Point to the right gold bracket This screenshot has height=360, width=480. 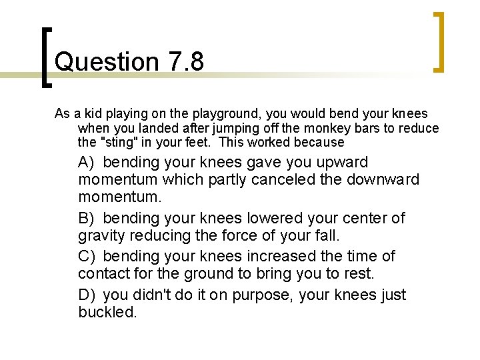[x=439, y=41]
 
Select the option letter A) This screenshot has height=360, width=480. [x=87, y=162]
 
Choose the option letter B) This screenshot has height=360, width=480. [x=87, y=218]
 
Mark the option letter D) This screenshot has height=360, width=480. [x=88, y=295]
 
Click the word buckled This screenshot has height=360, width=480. [x=107, y=312]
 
